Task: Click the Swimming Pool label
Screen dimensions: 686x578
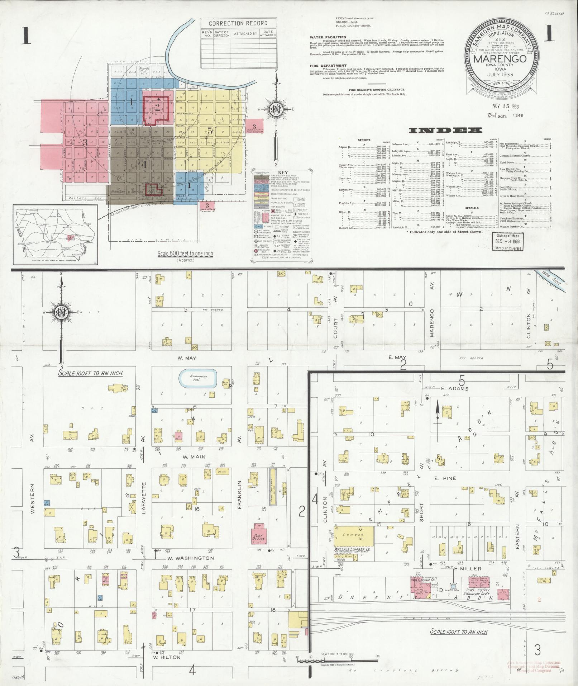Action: click(198, 378)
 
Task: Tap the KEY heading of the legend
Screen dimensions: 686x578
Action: click(282, 172)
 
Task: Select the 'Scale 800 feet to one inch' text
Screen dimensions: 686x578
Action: click(186, 254)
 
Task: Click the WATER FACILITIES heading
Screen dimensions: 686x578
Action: click(328, 37)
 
